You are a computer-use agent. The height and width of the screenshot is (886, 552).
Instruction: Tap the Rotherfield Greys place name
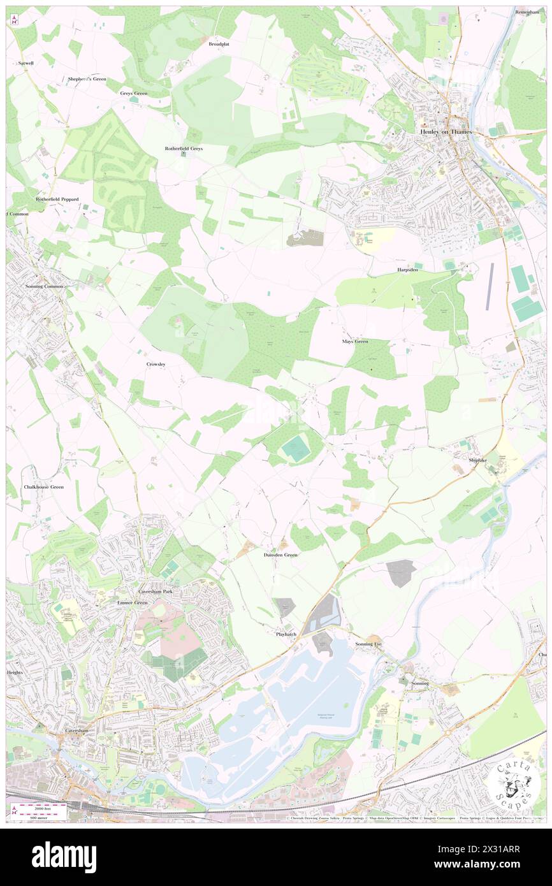tap(184, 149)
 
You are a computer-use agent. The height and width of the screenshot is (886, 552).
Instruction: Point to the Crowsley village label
tap(156, 364)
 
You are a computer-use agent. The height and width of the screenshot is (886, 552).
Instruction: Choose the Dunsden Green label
tap(280, 555)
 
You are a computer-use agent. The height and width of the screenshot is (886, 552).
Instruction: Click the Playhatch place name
tap(287, 634)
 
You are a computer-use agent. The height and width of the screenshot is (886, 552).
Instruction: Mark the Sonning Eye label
tap(368, 644)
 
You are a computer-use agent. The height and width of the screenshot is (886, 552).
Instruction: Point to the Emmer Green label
tap(133, 602)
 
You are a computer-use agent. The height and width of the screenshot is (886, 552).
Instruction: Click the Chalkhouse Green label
tap(44, 487)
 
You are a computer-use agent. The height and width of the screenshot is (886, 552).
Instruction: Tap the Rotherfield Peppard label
tap(57, 200)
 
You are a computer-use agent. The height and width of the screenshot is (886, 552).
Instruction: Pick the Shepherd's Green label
tap(87, 79)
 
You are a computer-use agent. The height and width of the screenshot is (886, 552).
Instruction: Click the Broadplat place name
tap(219, 45)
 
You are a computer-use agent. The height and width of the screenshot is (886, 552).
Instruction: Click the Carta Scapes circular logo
tap(517, 783)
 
